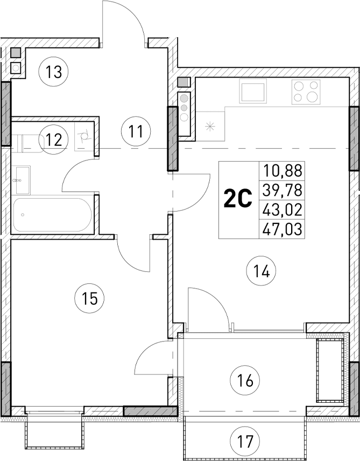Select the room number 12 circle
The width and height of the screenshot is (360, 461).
[53, 140]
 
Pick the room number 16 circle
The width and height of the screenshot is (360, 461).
[245, 381]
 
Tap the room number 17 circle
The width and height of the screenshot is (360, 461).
[245, 442]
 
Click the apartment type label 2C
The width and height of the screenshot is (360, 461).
[238, 200]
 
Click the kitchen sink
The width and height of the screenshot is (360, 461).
[253, 90]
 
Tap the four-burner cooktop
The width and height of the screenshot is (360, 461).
[306, 92]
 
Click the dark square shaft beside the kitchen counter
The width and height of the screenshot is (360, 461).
[183, 82]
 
